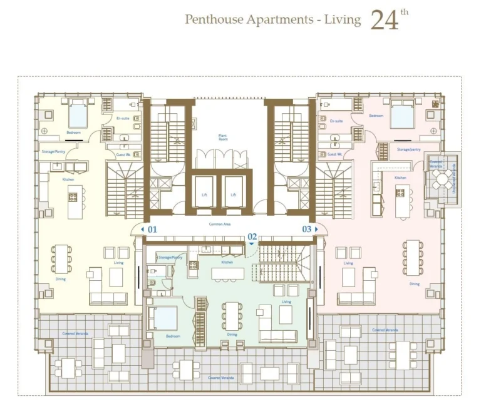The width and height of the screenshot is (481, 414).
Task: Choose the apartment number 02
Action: point(252,236)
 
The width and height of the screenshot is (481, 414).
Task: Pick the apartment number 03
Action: point(307,230)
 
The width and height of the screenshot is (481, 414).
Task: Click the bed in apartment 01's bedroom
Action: point(78,114)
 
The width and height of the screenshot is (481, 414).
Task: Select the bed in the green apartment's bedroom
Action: point(166,318)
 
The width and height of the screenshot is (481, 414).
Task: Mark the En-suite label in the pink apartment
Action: point(337,121)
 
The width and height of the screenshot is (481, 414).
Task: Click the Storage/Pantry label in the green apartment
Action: point(170,257)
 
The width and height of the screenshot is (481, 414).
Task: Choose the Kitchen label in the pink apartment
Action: point(400,178)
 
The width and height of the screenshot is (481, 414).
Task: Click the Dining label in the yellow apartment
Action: point(60,279)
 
